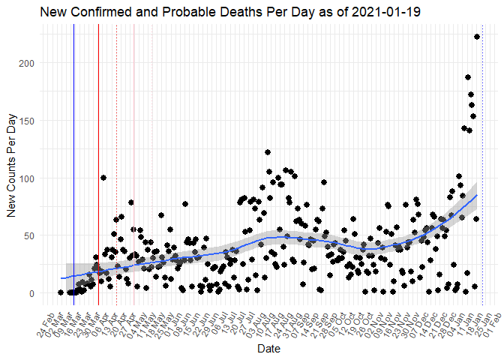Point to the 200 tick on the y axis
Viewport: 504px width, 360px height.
tap(27, 63)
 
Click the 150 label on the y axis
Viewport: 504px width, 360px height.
tap(27, 121)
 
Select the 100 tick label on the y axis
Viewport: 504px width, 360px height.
tap(27, 178)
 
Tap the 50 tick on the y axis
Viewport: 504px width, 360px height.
tap(30, 236)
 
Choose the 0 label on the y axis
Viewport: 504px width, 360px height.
tap(32, 293)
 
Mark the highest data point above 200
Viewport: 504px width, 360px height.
tap(477, 36)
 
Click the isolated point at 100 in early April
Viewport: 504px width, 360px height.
tap(103, 178)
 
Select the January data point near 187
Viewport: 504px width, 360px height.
tap(468, 77)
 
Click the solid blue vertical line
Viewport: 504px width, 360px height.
tap(73, 165)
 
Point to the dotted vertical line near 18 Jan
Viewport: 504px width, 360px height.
tap(481, 165)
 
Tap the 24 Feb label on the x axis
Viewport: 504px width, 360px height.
tap(49, 319)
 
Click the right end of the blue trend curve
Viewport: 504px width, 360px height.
tap(477, 195)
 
